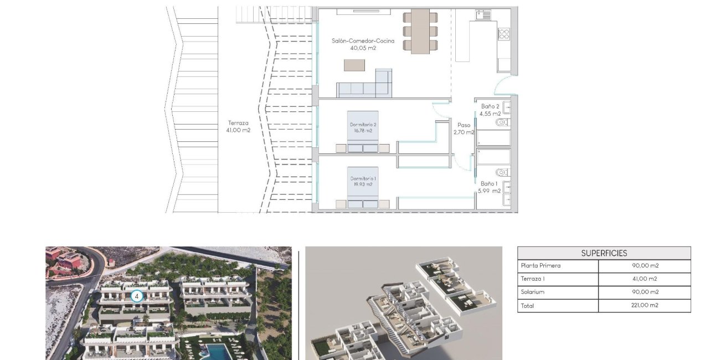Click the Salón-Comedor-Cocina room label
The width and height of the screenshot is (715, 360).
tap(363, 40)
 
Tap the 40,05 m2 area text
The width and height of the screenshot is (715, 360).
tap(363, 48)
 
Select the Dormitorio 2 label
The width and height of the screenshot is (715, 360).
tap(363, 125)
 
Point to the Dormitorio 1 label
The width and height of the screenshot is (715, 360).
tap(363, 178)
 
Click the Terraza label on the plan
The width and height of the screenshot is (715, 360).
tap(238, 123)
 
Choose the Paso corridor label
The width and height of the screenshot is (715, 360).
tap(464, 125)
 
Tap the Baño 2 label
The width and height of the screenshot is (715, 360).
tap(490, 106)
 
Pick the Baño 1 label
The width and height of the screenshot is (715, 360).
tap(489, 183)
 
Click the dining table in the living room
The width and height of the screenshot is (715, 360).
tap(420, 31)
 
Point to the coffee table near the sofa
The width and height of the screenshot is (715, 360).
tap(354, 65)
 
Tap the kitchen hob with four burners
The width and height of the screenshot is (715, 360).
tap(503, 34)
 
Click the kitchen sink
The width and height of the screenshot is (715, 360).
tap(483, 15)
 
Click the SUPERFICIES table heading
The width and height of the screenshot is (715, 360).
tap(604, 253)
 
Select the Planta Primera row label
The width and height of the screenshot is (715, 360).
tap(541, 266)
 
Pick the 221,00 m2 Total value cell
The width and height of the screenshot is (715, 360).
tap(644, 305)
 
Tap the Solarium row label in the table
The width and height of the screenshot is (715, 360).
tap(533, 292)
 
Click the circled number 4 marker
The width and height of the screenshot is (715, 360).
tap(137, 296)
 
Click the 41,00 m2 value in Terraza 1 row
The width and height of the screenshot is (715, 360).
tap(644, 279)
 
